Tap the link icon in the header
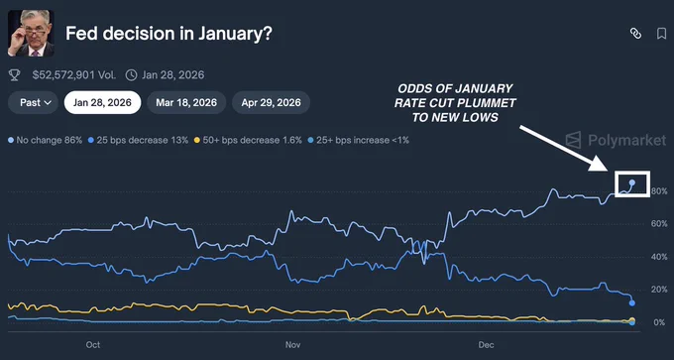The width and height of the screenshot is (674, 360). (635, 34)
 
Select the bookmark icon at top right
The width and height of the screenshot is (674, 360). (661, 34)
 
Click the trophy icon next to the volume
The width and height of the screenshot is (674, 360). (14, 73)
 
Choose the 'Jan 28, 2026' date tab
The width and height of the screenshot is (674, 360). (102, 102)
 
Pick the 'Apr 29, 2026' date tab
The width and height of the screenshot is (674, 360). (271, 102)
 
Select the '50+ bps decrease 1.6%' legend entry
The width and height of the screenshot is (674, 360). (249, 140)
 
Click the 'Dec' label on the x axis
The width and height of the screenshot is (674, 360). (487, 345)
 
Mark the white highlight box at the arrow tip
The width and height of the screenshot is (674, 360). (631, 182)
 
